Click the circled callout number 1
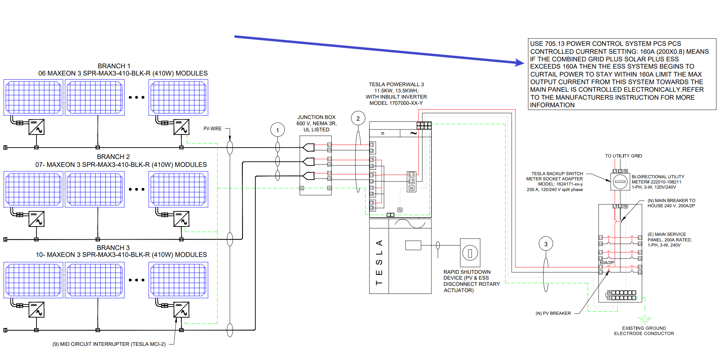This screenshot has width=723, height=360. point(277,130)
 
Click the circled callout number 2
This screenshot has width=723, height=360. point(358,118)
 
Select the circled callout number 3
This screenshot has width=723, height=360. point(546,244)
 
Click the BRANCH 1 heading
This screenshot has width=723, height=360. point(114,66)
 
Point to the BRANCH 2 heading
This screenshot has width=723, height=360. point(113,157)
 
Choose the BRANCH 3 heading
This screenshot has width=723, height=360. point(113,248)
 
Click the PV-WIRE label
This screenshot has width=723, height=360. point(212,129)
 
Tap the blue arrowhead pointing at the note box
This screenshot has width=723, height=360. point(520,63)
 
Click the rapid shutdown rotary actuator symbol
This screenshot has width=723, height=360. point(470,253)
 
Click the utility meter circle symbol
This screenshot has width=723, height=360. point(620,181)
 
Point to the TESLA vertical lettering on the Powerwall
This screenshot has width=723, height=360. point(379,262)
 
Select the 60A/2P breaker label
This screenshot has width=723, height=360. point(607,262)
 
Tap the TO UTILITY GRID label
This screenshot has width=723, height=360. point(623,156)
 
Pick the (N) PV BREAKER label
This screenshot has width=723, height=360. point(553,313)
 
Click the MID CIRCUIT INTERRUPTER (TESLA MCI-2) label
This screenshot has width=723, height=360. point(109,344)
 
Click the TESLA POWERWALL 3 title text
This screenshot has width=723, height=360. point(396,84)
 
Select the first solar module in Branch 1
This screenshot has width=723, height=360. point(33,97)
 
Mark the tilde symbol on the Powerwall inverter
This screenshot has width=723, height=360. point(414,133)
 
